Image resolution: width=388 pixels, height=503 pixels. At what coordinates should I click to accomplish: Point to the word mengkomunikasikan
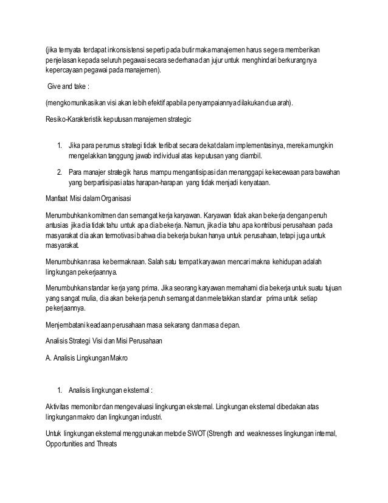click(x=79, y=105)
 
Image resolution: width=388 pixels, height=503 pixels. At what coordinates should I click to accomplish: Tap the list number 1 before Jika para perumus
click(x=58, y=147)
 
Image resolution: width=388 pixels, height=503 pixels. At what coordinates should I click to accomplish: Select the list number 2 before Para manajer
click(x=58, y=172)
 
